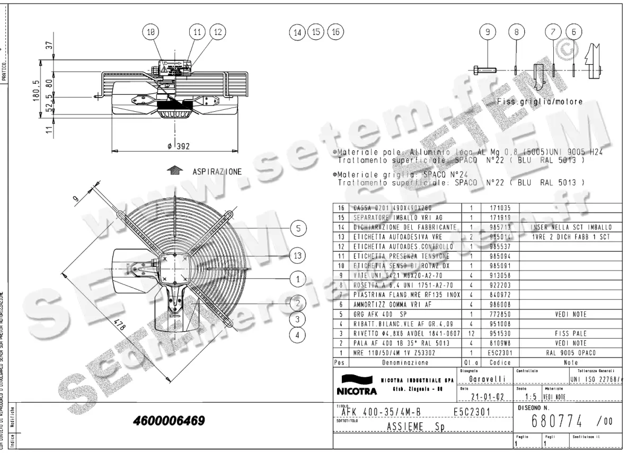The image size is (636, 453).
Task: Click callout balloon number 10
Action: pos(151,32)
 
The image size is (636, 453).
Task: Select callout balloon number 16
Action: pos(335,32)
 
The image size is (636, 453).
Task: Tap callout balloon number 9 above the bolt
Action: pos(487,32)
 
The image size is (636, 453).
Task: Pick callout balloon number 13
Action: pos(298,255)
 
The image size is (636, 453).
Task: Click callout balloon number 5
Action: pos(298,228)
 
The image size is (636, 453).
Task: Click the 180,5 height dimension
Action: pos(37,94)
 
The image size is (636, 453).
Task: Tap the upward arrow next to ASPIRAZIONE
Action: pos(173,171)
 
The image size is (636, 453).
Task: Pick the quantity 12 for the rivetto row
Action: pos(471,333)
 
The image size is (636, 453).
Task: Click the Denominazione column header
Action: pos(405,363)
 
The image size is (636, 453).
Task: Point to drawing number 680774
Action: pos(557,421)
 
